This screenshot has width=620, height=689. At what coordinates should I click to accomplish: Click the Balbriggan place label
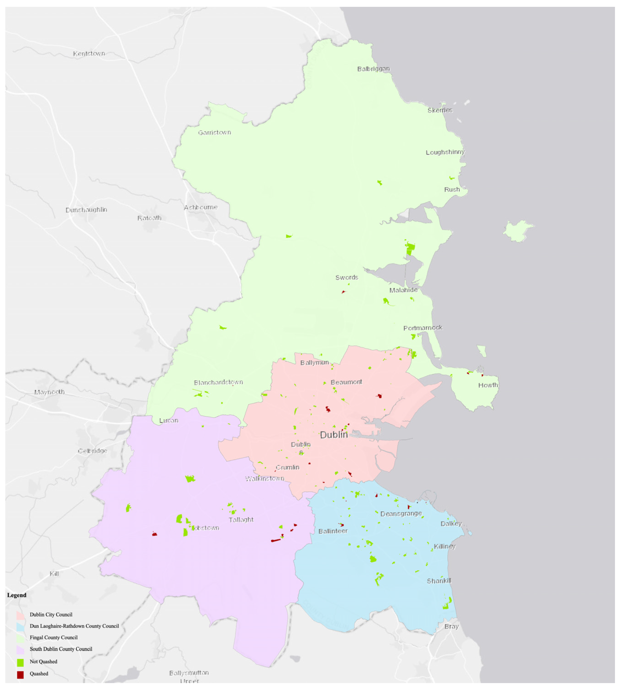pyautogui.click(x=373, y=69)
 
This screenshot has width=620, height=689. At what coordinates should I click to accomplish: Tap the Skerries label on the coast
pyautogui.click(x=440, y=110)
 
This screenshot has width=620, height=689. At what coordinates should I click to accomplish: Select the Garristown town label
pyautogui.click(x=214, y=132)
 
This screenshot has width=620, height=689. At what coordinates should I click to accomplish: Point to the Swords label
pyautogui.click(x=346, y=277)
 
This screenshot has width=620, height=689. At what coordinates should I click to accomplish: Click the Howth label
pyautogui.click(x=488, y=385)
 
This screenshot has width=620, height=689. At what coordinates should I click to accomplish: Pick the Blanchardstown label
pyautogui.click(x=218, y=382)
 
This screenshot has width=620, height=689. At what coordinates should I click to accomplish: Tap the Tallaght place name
pyautogui.click(x=241, y=519)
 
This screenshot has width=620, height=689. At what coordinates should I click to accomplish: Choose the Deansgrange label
pyautogui.click(x=401, y=513)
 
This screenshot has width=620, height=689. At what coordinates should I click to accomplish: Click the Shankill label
pyautogui.click(x=439, y=581)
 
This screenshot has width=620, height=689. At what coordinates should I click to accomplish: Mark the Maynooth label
pyautogui.click(x=49, y=392)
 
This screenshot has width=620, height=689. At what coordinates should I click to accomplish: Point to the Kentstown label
pyautogui.click(x=89, y=53)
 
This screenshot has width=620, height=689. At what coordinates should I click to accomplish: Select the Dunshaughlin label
pyautogui.click(x=86, y=210)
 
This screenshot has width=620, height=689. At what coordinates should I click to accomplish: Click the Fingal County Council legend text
pyautogui.click(x=53, y=637)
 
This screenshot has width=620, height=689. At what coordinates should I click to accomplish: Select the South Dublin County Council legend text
pyautogui.click(x=61, y=649)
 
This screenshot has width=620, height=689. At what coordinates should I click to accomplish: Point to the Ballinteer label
pyautogui.click(x=333, y=531)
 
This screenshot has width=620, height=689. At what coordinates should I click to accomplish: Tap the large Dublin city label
pyautogui.click(x=334, y=435)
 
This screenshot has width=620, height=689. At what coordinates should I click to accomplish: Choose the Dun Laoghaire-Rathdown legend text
pyautogui.click(x=74, y=626)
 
